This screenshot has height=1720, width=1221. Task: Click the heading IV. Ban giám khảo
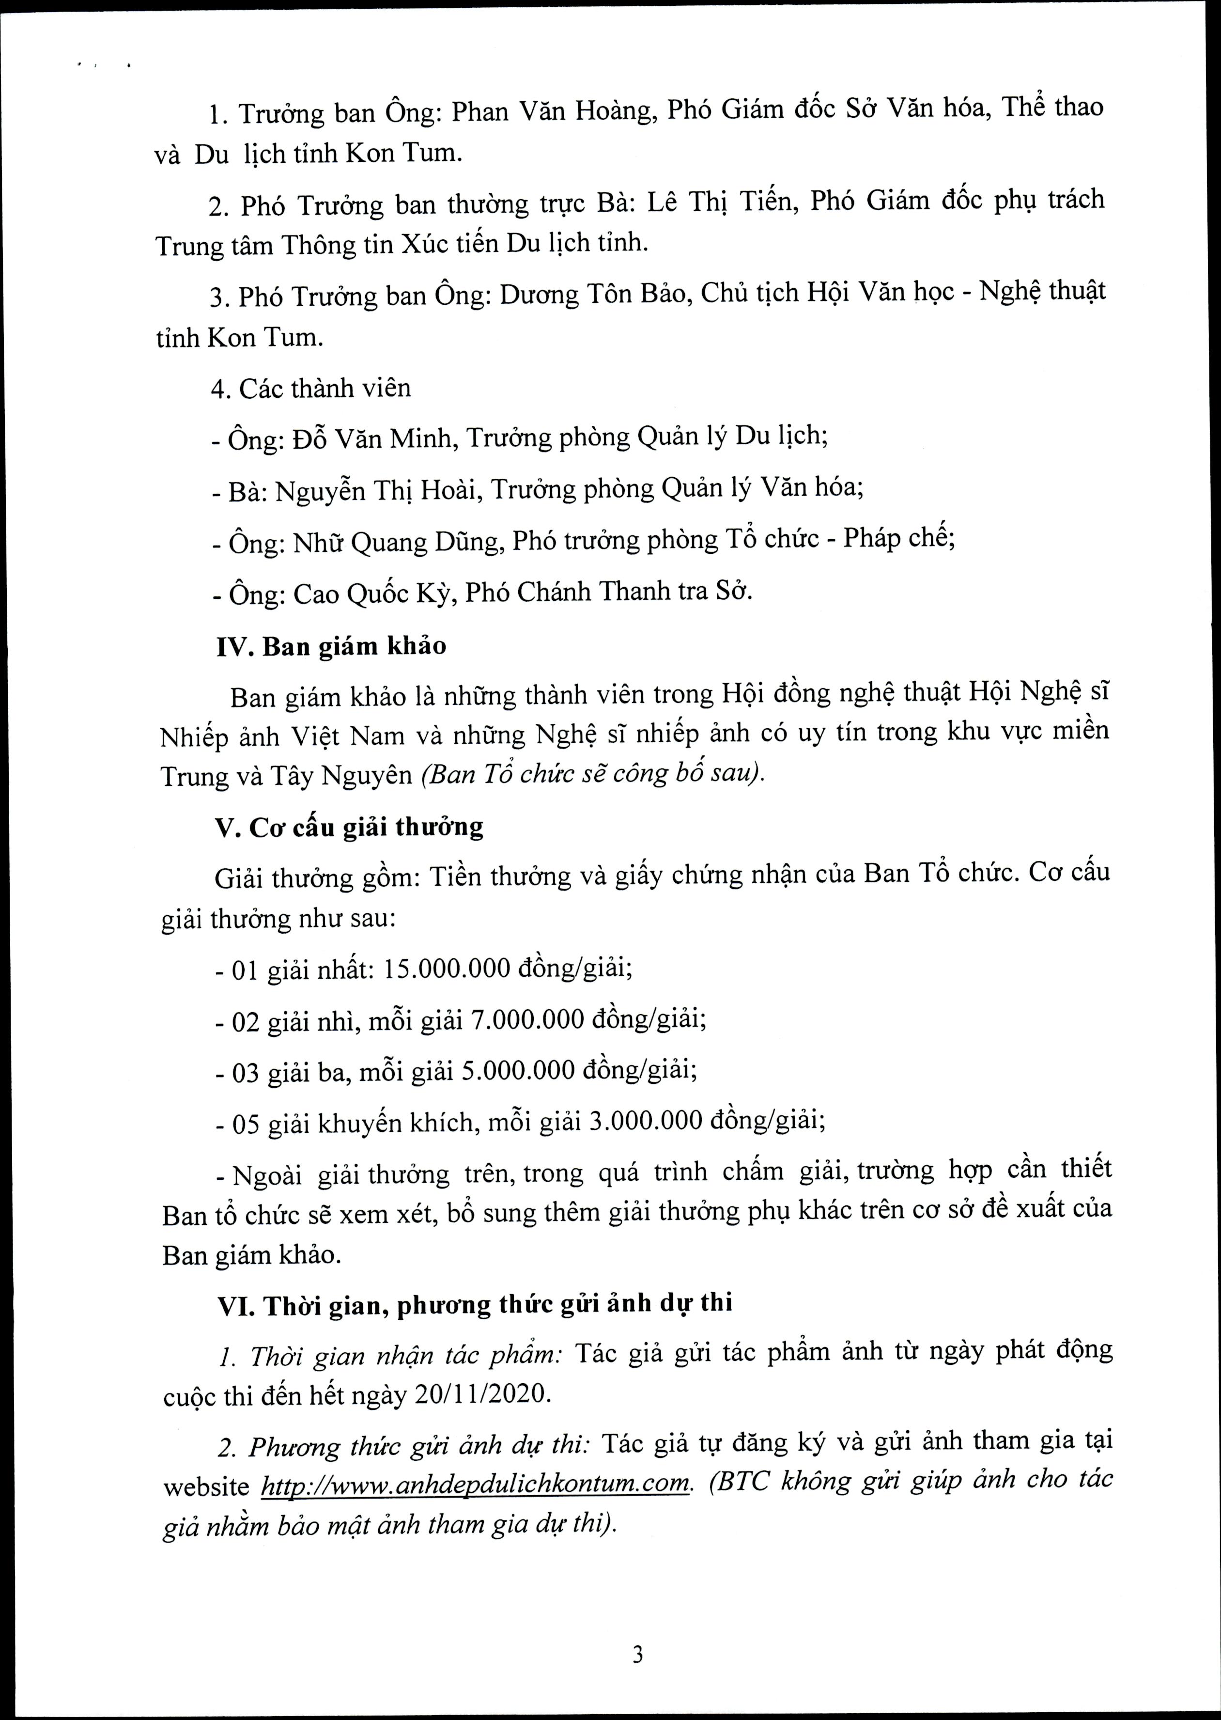pos(331,646)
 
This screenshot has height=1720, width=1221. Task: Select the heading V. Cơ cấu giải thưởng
pos(349,827)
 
